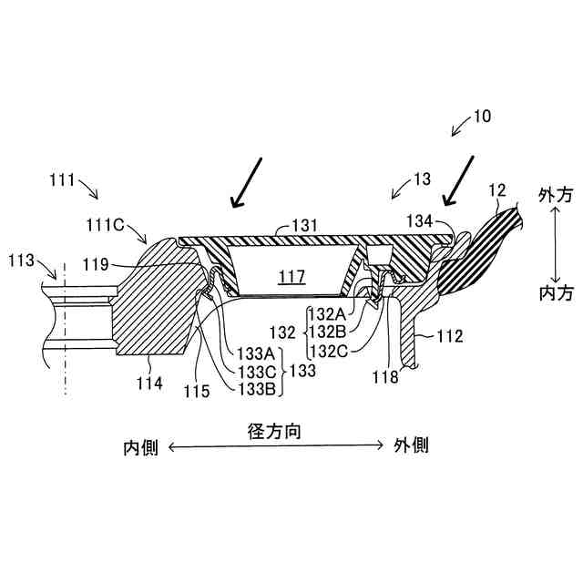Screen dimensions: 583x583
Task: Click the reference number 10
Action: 481,117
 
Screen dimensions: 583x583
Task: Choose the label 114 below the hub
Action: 149,384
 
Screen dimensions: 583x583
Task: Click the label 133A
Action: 257,353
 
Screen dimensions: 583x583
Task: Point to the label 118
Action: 385,377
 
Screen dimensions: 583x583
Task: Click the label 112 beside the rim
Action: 449,336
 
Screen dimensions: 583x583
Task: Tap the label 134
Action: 419,221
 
